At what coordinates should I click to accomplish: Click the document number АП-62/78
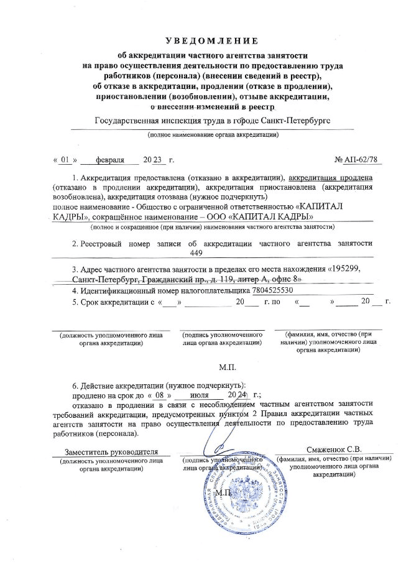pyautogui.click(x=359, y=160)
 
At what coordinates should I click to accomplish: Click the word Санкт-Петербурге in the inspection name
pyautogui.click(x=295, y=120)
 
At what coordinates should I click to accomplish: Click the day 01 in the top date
pyautogui.click(x=64, y=160)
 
